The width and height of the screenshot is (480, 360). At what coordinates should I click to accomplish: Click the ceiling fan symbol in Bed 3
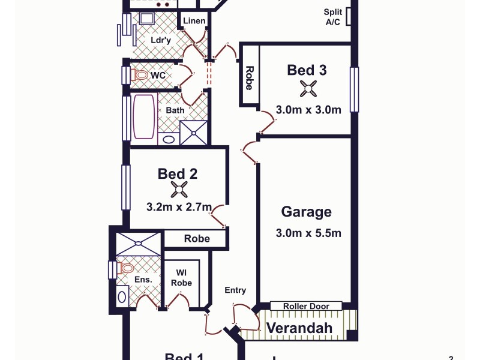coord(308,89)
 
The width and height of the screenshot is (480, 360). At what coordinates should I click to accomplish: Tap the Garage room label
coord(306,212)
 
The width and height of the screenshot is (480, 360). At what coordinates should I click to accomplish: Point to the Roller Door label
coord(305,306)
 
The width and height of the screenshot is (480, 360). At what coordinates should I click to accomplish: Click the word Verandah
coord(299,328)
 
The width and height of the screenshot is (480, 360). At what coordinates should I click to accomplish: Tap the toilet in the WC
coord(140,76)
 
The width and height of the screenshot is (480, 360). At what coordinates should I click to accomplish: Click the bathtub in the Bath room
coord(144,116)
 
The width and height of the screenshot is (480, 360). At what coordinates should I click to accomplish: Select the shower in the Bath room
coord(193,133)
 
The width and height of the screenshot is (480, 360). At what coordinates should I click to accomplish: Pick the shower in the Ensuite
coord(138,244)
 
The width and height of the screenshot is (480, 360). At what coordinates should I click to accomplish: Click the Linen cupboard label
coord(194,21)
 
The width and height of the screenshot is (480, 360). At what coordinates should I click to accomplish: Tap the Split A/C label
coord(333,17)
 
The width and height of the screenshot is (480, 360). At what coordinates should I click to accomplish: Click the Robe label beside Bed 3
coord(249,76)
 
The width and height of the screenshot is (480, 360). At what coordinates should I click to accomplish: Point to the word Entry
coord(235,290)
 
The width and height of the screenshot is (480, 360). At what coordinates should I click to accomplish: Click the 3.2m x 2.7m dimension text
coord(179,207)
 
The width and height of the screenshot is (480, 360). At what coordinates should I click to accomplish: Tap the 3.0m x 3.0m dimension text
coord(308,110)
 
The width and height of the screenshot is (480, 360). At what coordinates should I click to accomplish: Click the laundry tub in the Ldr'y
coord(146,19)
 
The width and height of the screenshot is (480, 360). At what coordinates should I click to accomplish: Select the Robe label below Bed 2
coord(197,239)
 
